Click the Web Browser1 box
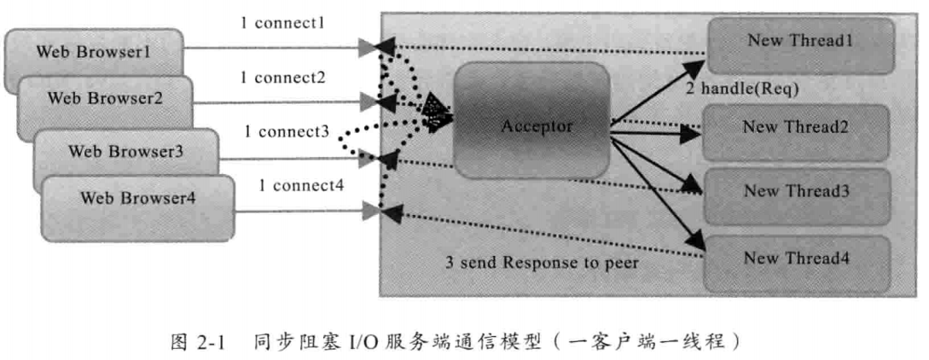94,53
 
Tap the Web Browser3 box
126,153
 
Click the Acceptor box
530,127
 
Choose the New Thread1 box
799,41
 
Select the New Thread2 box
794,128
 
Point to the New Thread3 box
796,190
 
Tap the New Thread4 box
796,258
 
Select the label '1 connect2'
282,78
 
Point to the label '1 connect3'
287,132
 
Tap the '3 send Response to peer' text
542,263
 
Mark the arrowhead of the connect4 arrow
369,210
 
